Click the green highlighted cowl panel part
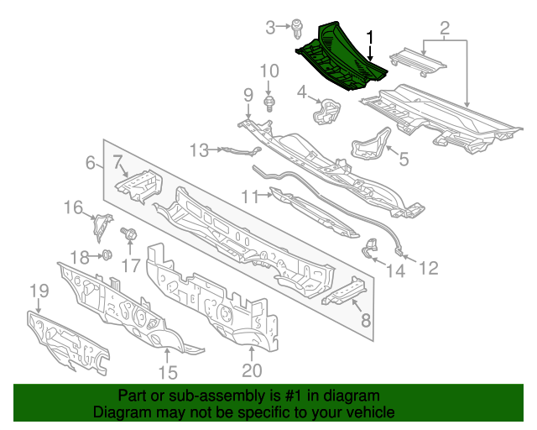point(340,59)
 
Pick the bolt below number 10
point(268,104)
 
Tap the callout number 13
point(198,150)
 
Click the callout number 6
point(91,164)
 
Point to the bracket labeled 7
point(137,183)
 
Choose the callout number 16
point(74,207)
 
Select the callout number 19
point(39,291)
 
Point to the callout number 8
point(365,320)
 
